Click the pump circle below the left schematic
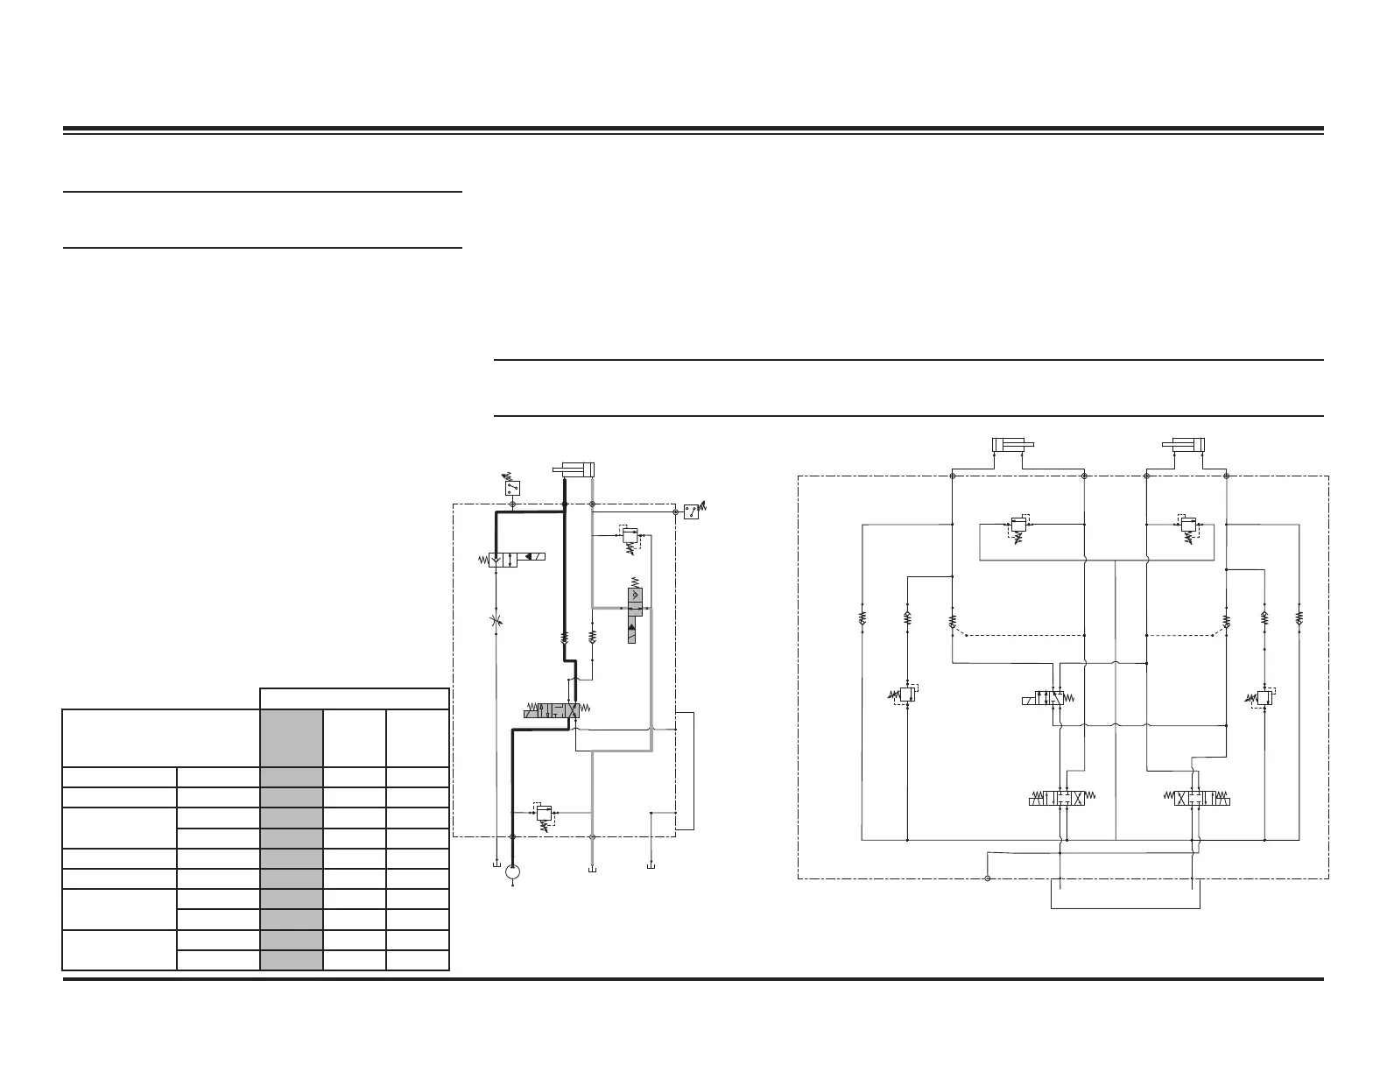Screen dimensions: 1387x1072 (513, 871)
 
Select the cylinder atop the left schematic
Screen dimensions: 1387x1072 (574, 469)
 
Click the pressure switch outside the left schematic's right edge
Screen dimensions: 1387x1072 (693, 511)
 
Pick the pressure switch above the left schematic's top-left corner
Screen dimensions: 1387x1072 (511, 488)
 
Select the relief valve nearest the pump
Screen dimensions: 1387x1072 (545, 815)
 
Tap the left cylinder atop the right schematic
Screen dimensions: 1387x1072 (1014, 444)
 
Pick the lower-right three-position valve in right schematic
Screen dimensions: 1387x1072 (1201, 799)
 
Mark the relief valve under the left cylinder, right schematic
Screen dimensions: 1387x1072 (1017, 526)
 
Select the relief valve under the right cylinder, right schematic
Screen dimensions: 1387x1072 (1187, 526)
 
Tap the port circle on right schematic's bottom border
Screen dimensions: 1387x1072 (987, 878)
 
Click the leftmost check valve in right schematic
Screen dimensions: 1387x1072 (862, 618)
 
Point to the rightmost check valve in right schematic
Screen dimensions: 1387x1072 (1299, 618)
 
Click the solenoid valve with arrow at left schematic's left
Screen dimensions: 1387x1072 (516, 560)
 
